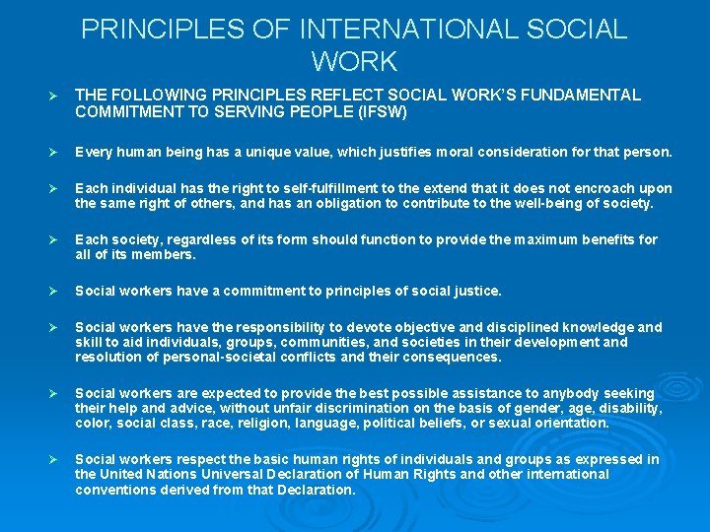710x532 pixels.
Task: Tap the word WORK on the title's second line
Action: coord(354,63)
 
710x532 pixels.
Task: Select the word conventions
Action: coord(114,489)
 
